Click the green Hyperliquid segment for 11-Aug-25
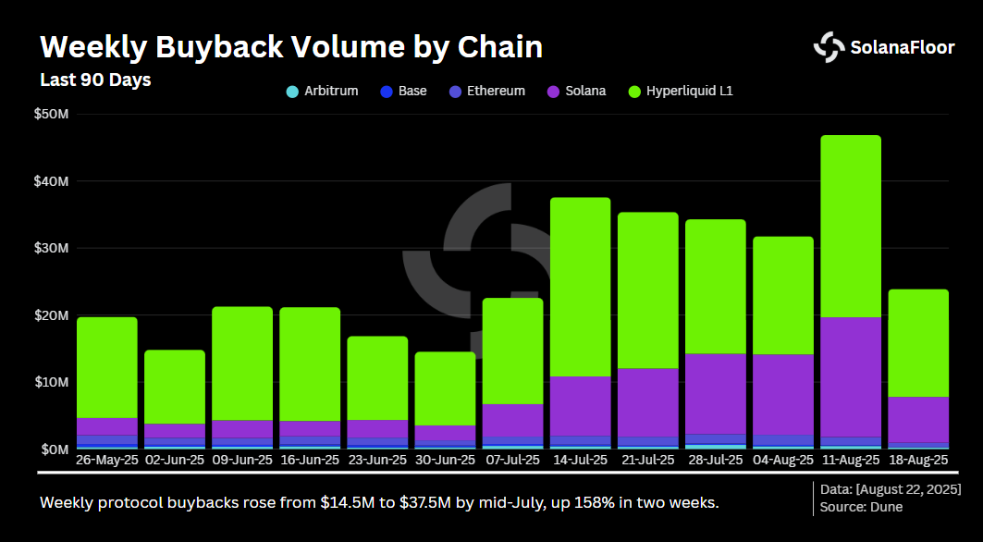[x=851, y=226]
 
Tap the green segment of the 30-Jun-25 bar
[x=445, y=388]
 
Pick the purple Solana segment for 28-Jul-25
[x=716, y=393]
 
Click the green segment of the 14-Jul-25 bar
[x=580, y=287]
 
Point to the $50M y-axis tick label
[x=51, y=114]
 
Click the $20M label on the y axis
[x=51, y=314]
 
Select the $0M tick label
[x=54, y=449]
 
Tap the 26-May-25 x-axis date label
[x=107, y=460]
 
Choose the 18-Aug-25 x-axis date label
[x=918, y=460]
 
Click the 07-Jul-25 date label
[x=512, y=460]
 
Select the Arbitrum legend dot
[x=292, y=92]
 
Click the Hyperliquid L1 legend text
[x=690, y=92]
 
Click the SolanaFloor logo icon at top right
[x=829, y=47]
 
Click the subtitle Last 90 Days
[x=95, y=80]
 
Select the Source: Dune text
[x=861, y=507]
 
